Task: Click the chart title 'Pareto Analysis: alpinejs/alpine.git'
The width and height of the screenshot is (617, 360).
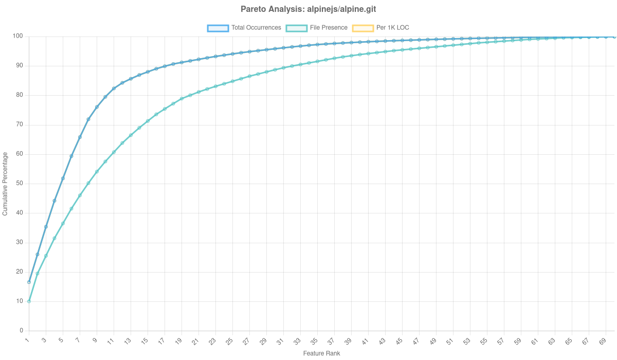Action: (x=308, y=9)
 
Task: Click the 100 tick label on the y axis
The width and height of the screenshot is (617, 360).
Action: (x=19, y=36)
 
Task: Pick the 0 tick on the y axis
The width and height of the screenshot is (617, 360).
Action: (x=22, y=330)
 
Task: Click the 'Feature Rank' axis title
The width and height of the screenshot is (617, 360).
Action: (x=321, y=354)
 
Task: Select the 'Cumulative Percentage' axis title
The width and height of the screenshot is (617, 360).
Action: (x=5, y=183)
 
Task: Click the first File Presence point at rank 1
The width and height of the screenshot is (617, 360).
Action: (x=29, y=301)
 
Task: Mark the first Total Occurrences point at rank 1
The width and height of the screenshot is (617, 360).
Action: (x=29, y=282)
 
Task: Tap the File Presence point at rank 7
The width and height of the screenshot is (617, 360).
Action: (x=80, y=195)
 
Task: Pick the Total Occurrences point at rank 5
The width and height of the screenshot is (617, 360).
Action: (x=63, y=178)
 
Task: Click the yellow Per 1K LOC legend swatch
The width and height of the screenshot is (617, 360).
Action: (x=362, y=28)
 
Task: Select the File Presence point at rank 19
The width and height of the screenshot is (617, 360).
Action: (x=182, y=99)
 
